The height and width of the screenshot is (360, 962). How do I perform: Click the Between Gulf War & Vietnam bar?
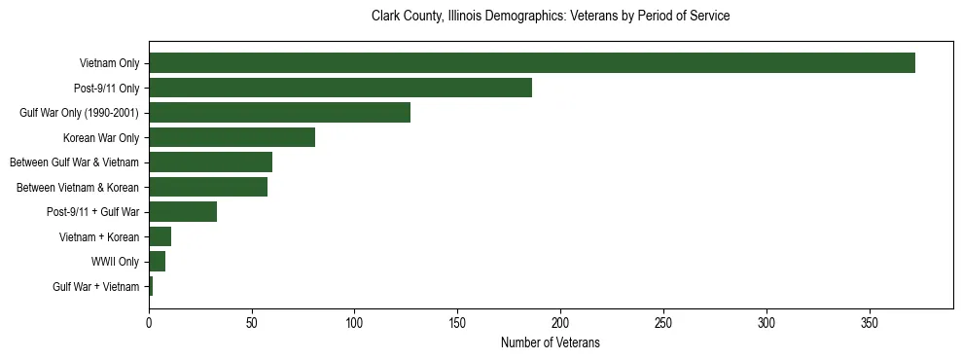click(x=210, y=162)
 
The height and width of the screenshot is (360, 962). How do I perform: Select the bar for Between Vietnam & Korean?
click(x=208, y=187)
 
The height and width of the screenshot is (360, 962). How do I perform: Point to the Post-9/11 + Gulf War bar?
click(x=183, y=212)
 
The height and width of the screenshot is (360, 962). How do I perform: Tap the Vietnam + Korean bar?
click(x=160, y=236)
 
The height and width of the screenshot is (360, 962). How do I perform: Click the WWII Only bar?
click(x=157, y=262)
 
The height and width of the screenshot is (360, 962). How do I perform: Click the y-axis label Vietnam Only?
click(x=109, y=64)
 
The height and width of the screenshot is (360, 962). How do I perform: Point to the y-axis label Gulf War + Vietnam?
click(x=95, y=287)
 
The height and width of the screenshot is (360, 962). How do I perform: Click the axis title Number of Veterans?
click(x=550, y=343)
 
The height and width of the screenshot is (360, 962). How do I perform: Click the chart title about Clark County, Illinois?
click(x=550, y=17)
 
